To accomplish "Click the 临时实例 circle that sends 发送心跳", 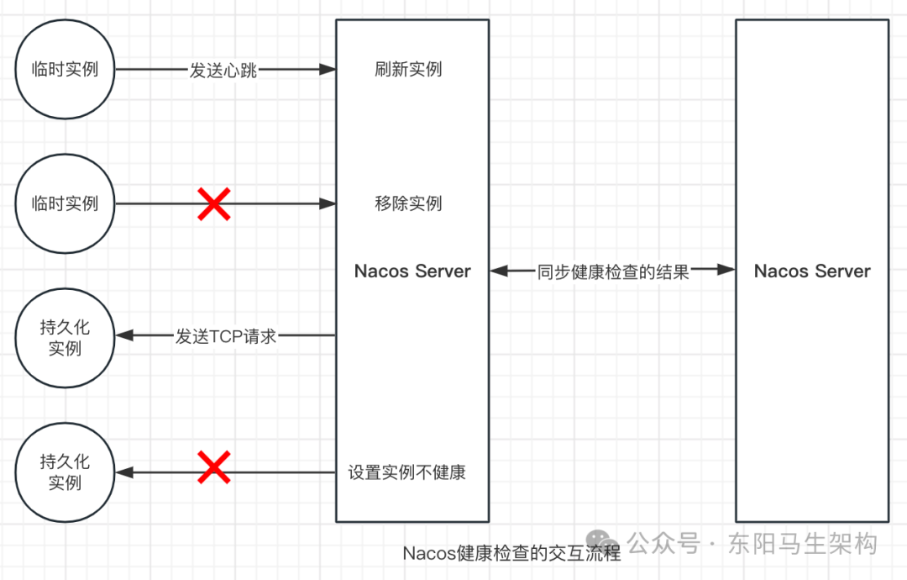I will pyautogui.click(x=65, y=70).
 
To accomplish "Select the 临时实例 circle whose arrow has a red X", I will pyautogui.click(x=65, y=203).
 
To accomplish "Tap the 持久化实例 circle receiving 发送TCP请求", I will pyautogui.click(x=65, y=337).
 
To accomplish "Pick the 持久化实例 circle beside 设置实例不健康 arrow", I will pyautogui.click(x=65, y=472).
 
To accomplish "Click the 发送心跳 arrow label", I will pyautogui.click(x=223, y=71).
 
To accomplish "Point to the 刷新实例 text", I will pyautogui.click(x=408, y=70).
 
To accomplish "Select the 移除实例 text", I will pyautogui.click(x=408, y=203).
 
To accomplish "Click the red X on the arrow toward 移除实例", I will pyautogui.click(x=214, y=204).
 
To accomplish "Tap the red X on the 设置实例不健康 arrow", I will pyautogui.click(x=214, y=467).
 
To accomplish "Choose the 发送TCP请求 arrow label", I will pyautogui.click(x=226, y=337).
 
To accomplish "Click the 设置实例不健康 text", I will pyautogui.click(x=407, y=472).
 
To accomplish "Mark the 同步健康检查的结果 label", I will pyautogui.click(x=613, y=272).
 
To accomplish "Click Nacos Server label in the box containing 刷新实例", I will pyautogui.click(x=412, y=272).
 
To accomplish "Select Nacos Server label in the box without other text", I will pyautogui.click(x=812, y=272).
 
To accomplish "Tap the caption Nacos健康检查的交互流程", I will pyautogui.click(x=511, y=553).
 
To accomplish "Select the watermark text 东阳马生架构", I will pyautogui.click(x=804, y=543).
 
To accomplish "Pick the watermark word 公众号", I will pyautogui.click(x=664, y=543).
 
